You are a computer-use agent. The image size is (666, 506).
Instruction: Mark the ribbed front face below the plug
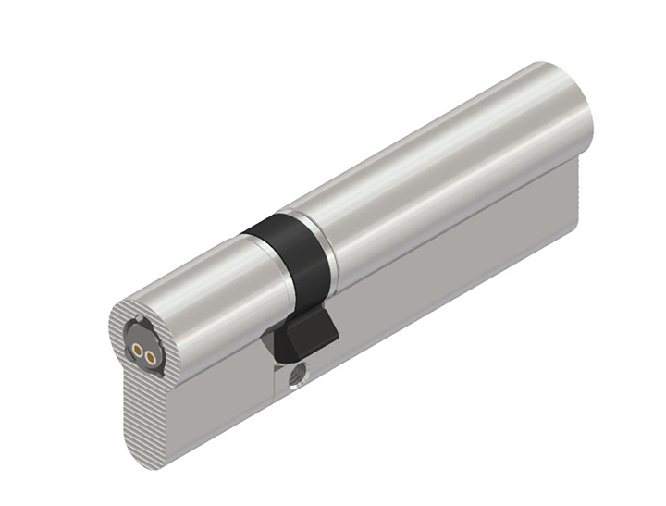139,407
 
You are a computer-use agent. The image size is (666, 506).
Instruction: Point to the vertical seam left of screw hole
276,379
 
